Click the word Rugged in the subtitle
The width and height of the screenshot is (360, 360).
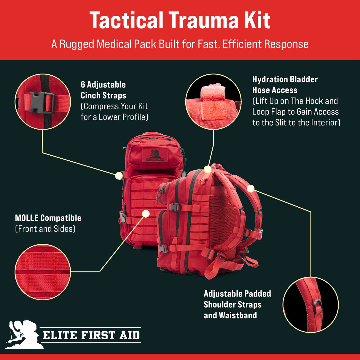[x=77, y=44]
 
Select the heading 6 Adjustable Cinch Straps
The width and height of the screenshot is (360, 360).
[x=103, y=90]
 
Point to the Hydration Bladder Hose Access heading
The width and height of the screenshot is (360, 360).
[x=285, y=85]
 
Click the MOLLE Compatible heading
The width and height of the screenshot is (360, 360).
[x=48, y=218]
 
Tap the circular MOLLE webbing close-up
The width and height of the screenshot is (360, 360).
[x=43, y=272]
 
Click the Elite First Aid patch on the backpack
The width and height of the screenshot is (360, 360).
[x=155, y=155]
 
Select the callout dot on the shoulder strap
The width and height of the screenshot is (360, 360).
[x=251, y=188]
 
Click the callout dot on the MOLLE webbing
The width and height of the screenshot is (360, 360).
[x=146, y=214]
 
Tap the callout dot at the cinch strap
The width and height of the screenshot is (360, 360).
[x=119, y=176]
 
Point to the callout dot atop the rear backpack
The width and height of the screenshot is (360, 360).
[x=208, y=169]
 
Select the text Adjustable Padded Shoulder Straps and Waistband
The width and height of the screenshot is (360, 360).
[x=237, y=305]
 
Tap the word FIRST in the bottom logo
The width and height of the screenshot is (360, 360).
[x=98, y=335]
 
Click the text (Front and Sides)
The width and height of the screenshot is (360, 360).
[x=45, y=229]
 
